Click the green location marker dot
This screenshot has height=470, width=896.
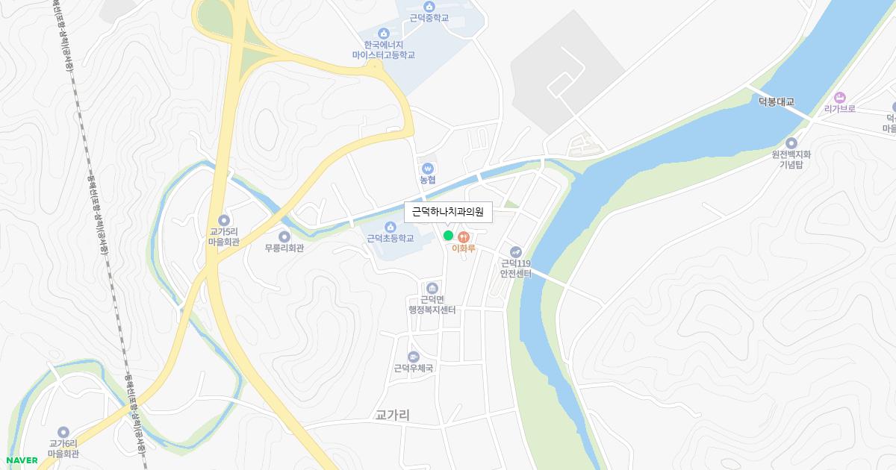pyautogui.click(x=448, y=236)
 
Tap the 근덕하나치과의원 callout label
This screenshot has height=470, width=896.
pyautogui.click(x=448, y=212)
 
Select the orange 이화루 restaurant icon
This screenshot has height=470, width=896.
pyautogui.click(x=464, y=236)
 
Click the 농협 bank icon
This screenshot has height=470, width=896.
pyautogui.click(x=427, y=169)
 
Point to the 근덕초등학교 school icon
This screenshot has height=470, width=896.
pyautogui.click(x=390, y=227)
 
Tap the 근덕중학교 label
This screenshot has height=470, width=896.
pyautogui.click(x=429, y=18)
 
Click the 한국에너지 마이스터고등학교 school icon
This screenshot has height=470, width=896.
pyautogui.click(x=383, y=33)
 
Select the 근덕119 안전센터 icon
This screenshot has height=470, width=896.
pyautogui.click(x=515, y=251)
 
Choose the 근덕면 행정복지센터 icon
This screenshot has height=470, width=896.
pyautogui.click(x=432, y=288)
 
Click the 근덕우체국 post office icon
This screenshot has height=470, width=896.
pyautogui.click(x=414, y=357)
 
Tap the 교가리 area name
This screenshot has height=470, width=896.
pyautogui.click(x=393, y=415)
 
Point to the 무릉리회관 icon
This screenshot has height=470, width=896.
pyautogui.click(x=284, y=236)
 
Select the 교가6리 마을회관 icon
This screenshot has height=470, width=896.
pyautogui.click(x=63, y=432)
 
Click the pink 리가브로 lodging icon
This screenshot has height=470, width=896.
pyautogui.click(x=839, y=97)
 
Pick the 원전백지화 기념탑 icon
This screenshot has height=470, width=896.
pyautogui.click(x=791, y=143)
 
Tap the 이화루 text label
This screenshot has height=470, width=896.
pyautogui.click(x=464, y=248)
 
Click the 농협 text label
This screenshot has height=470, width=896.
pyautogui.click(x=427, y=181)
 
